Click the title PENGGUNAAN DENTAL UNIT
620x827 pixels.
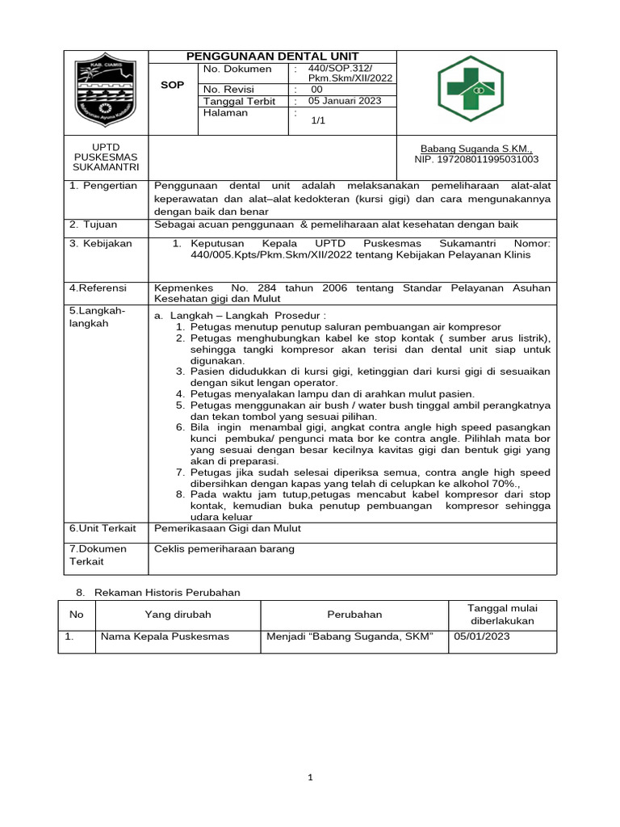[x=273, y=57]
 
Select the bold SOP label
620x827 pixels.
[x=173, y=85]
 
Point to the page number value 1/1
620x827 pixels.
[x=317, y=120]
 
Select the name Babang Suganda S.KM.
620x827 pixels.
[x=476, y=149]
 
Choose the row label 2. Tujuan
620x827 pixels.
[x=94, y=224]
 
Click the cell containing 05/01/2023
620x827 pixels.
[x=482, y=636]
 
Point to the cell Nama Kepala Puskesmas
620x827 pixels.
[x=164, y=636]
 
